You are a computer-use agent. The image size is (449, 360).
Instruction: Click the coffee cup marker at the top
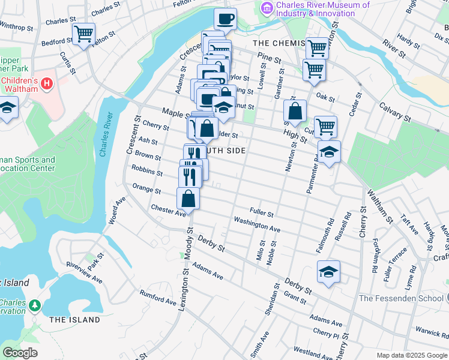(225, 19)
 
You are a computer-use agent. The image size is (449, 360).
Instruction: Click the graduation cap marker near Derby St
(328, 272)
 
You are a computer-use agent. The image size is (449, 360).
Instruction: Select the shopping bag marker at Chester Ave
(188, 199)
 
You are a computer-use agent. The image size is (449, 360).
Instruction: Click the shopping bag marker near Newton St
(295, 111)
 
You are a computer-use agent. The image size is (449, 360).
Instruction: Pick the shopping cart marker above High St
(325, 127)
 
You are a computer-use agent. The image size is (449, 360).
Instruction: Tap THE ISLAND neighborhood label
(74, 320)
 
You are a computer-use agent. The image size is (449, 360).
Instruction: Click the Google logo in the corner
(20, 353)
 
